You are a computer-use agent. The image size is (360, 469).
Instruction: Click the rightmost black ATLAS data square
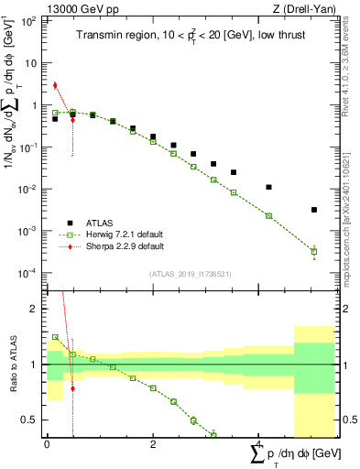[x=314, y=210]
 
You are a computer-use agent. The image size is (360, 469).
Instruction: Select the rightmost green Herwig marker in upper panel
[x=314, y=251]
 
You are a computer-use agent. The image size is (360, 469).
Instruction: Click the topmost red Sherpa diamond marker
[x=55, y=86]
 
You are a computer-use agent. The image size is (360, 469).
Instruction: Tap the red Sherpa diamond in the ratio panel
[x=72, y=388]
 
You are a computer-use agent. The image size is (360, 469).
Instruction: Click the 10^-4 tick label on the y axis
[x=28, y=273]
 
